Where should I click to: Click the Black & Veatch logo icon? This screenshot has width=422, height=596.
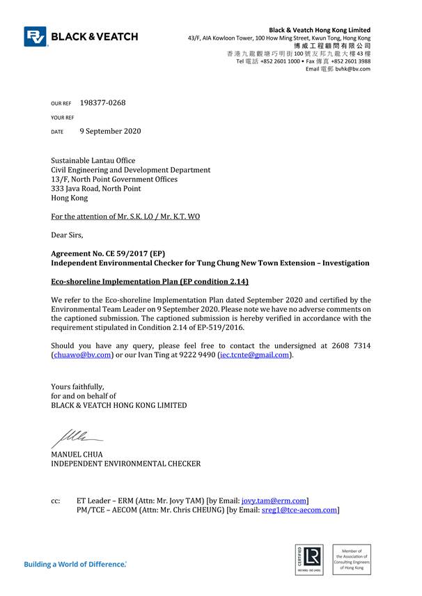pos(36,36)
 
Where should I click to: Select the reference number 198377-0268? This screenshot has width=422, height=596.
pos(103,103)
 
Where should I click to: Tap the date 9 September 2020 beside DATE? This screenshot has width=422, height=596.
pos(110,131)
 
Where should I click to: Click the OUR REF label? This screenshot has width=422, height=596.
pos(61,104)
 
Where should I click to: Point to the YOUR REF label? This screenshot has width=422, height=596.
pos(62,118)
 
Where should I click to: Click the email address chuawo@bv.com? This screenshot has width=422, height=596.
pos(82,354)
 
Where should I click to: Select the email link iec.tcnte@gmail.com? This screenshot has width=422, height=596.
pos(254,354)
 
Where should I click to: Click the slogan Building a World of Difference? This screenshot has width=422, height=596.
pos(75,563)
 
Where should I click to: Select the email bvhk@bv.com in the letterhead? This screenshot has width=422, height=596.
pos(354,69)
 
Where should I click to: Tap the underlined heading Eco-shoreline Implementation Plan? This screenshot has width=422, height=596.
pos(149,281)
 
